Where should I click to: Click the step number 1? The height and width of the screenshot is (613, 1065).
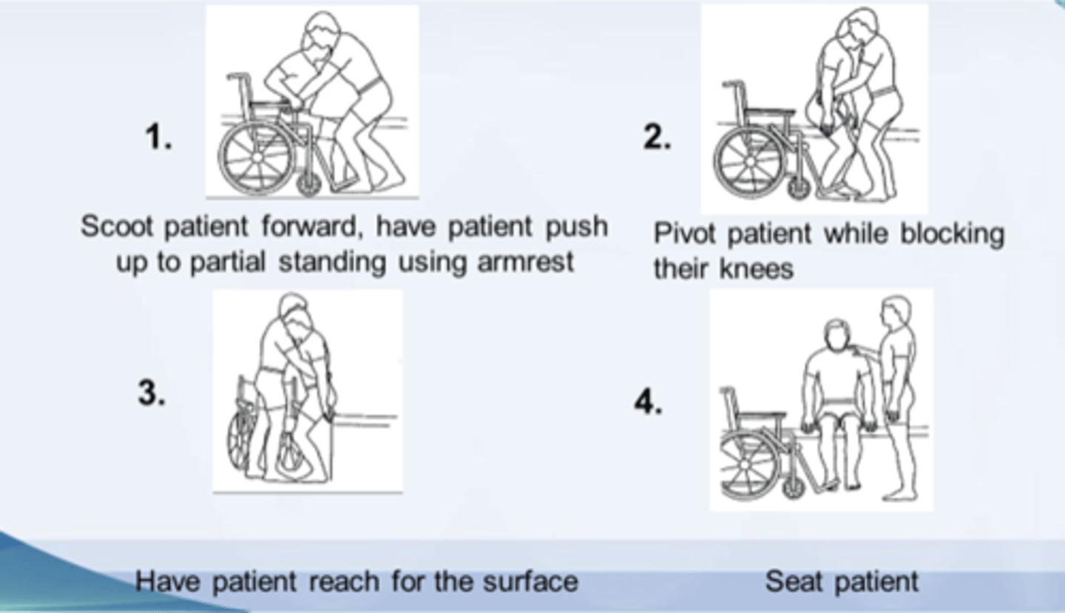tap(158, 138)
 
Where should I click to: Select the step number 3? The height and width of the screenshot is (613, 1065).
tap(151, 393)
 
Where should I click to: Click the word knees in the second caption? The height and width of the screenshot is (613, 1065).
tap(758, 269)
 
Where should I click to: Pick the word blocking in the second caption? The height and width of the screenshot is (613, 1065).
tap(952, 235)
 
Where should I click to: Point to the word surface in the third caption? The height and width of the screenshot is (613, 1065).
tap(530, 581)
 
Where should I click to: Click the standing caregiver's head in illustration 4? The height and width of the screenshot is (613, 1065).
tap(897, 311)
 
